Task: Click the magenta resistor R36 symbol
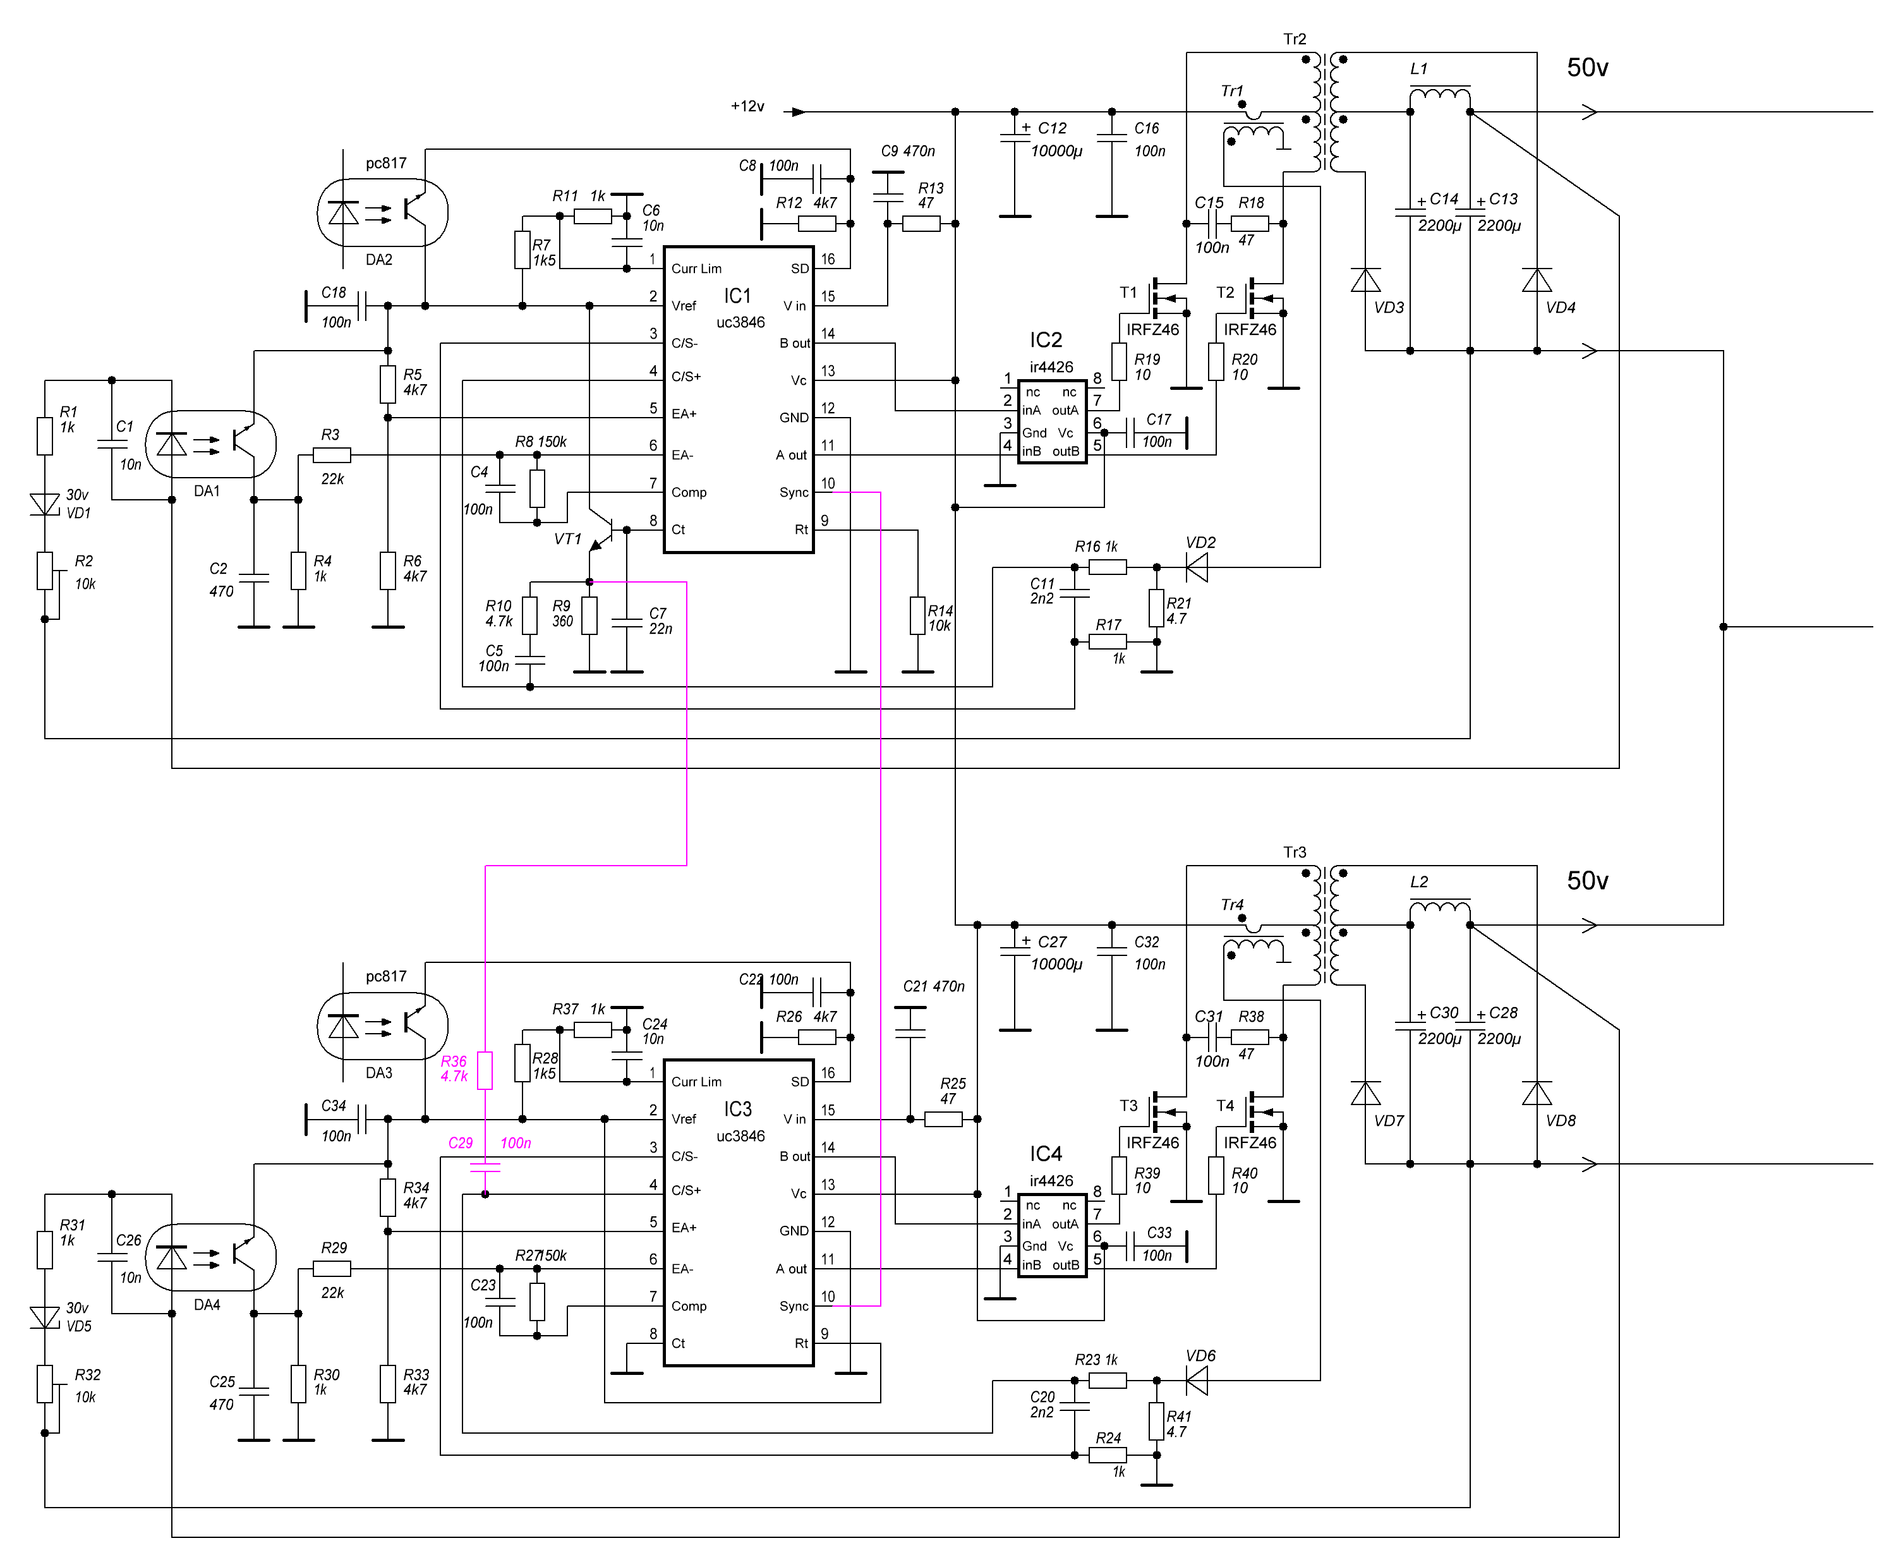coord(485,1070)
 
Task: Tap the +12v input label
coord(747,107)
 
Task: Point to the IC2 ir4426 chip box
coord(1051,421)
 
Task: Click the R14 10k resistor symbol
coord(917,615)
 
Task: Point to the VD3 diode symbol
coord(1365,280)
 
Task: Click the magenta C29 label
coord(460,1143)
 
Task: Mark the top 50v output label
coord(1587,68)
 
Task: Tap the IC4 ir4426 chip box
coord(1051,1235)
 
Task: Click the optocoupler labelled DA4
coord(210,1257)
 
